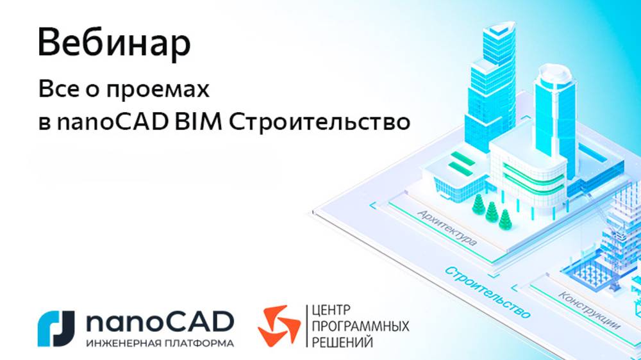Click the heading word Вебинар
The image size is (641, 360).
coord(114,44)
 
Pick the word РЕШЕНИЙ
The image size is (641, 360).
coord(342,343)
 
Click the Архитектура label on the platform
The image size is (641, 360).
coord(447,227)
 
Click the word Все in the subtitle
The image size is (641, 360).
coord(53,90)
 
